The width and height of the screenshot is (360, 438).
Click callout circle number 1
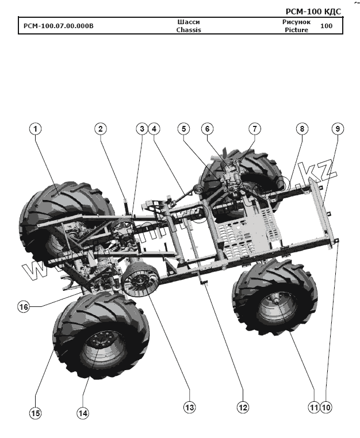(x=36, y=129)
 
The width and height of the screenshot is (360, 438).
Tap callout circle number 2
(x=101, y=129)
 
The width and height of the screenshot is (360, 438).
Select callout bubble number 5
(x=183, y=129)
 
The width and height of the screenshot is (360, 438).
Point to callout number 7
(x=255, y=129)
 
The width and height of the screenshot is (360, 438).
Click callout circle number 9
(x=337, y=129)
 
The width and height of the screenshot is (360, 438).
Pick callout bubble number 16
(x=24, y=307)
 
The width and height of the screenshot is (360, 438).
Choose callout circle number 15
(x=36, y=412)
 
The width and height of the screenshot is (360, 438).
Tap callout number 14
(x=83, y=412)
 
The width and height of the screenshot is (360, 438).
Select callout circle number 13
(x=189, y=407)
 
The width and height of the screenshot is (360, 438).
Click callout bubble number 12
(x=243, y=407)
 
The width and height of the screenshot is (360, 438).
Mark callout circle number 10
(x=327, y=407)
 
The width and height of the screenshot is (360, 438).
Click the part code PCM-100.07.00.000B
(x=58, y=26)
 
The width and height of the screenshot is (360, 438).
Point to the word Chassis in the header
(x=189, y=30)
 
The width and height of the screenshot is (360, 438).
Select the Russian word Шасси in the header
(x=189, y=22)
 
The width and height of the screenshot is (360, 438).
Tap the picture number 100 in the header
(x=327, y=26)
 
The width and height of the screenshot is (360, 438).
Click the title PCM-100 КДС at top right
(x=313, y=11)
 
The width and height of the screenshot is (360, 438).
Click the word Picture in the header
(x=296, y=30)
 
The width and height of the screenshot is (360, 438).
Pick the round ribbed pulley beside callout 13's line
(x=139, y=281)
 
